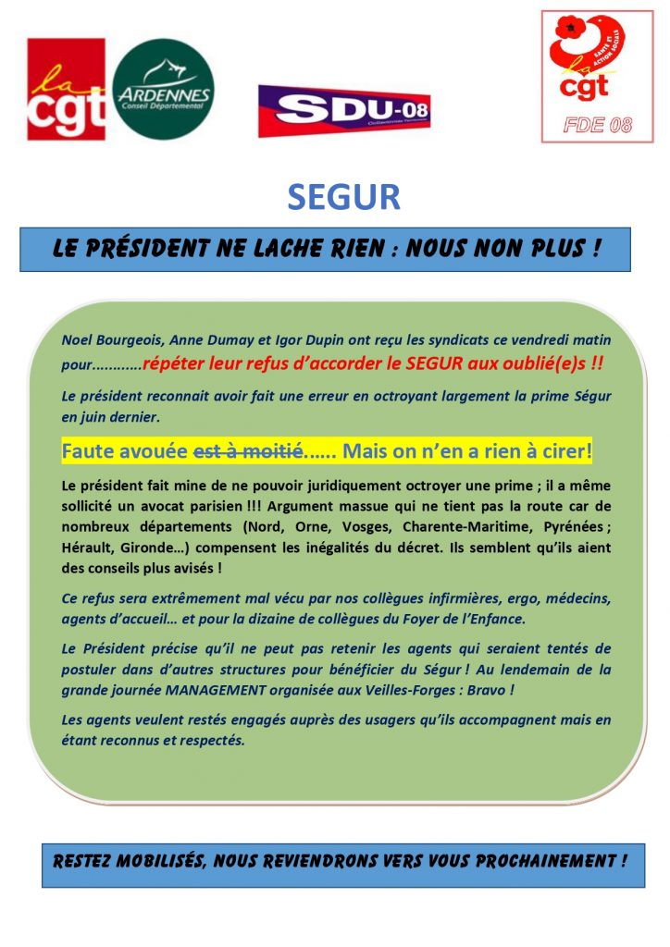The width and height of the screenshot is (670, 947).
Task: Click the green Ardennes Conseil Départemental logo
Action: pyautogui.click(x=163, y=89)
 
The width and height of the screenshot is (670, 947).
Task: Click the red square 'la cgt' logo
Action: pyautogui.click(x=66, y=89)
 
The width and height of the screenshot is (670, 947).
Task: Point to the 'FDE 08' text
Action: pyautogui.click(x=597, y=127)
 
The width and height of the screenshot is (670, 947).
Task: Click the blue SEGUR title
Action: pyautogui.click(x=343, y=197)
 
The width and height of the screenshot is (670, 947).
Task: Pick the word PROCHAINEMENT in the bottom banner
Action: pyautogui.click(x=542, y=861)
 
